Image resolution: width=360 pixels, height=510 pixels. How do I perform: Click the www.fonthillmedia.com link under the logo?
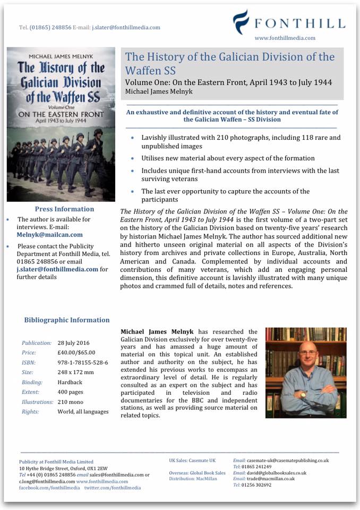pos(285,38)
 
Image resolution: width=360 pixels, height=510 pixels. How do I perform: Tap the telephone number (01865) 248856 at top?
pos(49,28)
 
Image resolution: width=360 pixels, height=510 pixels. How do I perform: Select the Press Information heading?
pos(64,209)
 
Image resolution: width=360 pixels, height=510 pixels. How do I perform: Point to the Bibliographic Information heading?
pos(67,320)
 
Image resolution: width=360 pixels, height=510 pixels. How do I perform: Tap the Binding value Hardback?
pos(71,382)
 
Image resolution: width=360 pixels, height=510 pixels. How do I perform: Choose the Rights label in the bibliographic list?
pos(30,411)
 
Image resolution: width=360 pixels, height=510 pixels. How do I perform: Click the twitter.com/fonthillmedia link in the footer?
pos(112,487)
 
